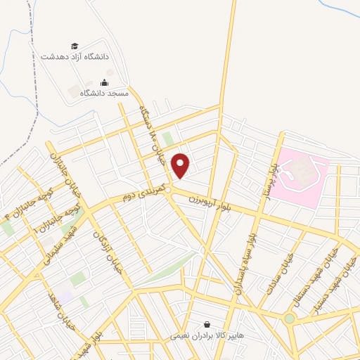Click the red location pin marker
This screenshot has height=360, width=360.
click(x=181, y=165)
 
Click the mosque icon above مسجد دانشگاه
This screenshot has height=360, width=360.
click(x=105, y=82)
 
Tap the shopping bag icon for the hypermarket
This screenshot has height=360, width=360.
click(x=207, y=325)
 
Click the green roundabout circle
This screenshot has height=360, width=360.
click(x=290, y=319)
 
